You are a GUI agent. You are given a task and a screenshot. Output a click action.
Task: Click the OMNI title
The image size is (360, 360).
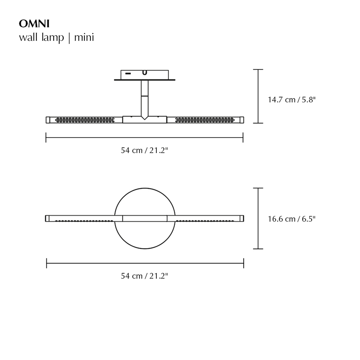coord(34,24)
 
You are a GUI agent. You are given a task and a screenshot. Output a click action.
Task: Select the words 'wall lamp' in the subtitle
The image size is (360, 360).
coord(42,38)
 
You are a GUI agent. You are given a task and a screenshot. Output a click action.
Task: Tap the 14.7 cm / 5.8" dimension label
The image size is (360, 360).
coord(292,100)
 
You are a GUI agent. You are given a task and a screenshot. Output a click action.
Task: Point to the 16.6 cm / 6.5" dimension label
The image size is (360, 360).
coord(292,219)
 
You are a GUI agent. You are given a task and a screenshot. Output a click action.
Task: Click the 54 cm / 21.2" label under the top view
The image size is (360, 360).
coord(144,150)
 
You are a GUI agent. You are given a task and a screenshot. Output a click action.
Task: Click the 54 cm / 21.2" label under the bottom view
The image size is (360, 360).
coord(144,276)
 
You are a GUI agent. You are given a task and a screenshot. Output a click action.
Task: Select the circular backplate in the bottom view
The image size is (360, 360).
coord(144,236)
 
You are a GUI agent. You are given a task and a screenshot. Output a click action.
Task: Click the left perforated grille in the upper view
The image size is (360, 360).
coord(84,120)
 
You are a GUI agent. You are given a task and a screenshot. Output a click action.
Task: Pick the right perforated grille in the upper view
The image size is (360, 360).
coord(204,120)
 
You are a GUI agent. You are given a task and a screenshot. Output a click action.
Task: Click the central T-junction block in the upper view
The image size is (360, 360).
coord(144,119)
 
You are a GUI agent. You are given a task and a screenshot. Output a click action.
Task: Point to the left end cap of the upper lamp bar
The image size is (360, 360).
coord(48,120)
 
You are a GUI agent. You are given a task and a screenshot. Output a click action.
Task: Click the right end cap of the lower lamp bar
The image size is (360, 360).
coord(242,218)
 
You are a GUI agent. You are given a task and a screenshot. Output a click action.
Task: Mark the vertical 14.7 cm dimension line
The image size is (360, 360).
coord(258,96)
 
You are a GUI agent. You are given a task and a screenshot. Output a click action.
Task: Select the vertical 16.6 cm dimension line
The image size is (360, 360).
coord(258,218)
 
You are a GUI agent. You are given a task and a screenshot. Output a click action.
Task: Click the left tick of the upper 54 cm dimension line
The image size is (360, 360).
coord(46,138)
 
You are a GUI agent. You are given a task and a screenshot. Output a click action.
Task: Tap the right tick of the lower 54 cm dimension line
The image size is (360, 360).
coord(244,263)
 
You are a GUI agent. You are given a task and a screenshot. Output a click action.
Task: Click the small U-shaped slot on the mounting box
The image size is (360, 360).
coord(144,73)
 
